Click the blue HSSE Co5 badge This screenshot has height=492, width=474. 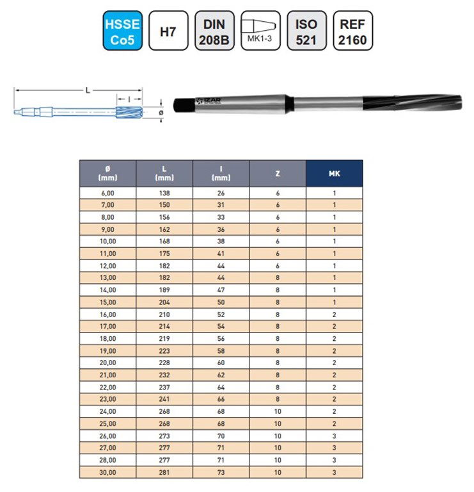(122, 31)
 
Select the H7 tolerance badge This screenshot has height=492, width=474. (168, 31)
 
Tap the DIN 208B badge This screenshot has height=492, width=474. (214, 31)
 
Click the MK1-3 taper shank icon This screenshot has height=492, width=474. (260, 31)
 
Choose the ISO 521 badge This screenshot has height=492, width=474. (306, 31)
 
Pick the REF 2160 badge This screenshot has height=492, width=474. (352, 31)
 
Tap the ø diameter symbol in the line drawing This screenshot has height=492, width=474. (161, 113)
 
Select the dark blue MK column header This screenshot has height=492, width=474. (334, 173)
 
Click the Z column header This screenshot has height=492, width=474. (278, 173)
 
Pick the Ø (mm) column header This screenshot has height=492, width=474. (107, 173)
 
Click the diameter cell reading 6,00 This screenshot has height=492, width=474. (107, 192)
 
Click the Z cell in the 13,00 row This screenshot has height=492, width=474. (278, 278)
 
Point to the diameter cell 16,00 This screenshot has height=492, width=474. (107, 315)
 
